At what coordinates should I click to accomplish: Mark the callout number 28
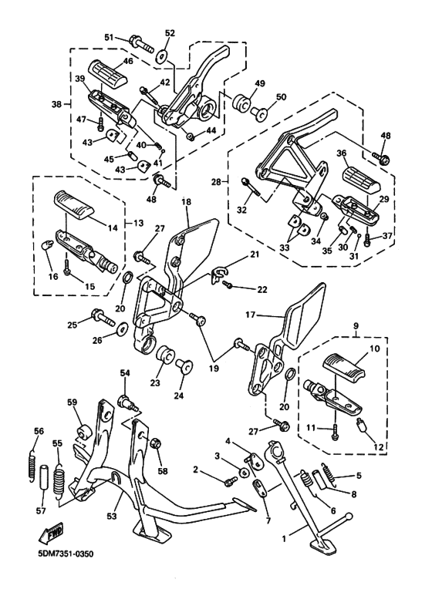coord(216,181)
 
